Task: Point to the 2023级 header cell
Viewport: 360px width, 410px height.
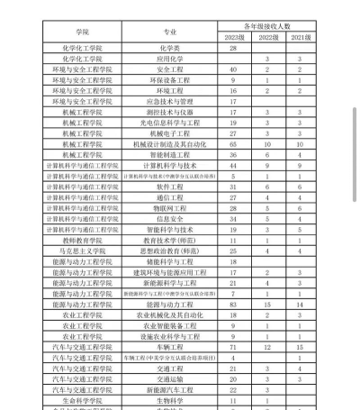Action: [232, 36]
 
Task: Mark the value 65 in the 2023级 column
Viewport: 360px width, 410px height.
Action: [232, 143]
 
